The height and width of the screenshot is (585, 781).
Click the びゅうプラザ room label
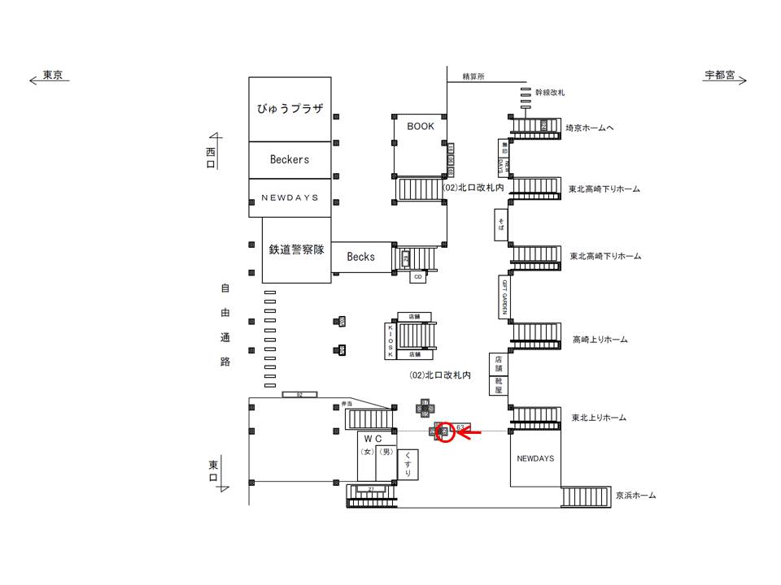pyautogui.click(x=290, y=109)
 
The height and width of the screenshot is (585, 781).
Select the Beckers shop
pyautogui.click(x=290, y=160)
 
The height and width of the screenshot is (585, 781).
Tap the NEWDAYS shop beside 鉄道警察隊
pyautogui.click(x=290, y=197)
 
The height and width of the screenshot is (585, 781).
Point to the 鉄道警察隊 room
pyautogui.click(x=297, y=249)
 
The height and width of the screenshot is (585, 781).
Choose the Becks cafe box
pyautogui.click(x=361, y=257)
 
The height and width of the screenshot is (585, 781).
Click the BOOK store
pyautogui.click(x=421, y=127)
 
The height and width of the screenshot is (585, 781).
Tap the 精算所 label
pyautogui.click(x=473, y=77)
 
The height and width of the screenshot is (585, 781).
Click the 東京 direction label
pyautogui.click(x=53, y=76)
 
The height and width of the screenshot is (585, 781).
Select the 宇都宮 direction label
pyautogui.click(x=720, y=76)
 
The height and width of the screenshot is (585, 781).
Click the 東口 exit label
pyautogui.click(x=213, y=470)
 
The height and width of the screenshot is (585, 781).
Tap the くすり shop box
pyautogui.click(x=408, y=465)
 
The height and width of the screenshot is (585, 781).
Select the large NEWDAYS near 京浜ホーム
pyautogui.click(x=535, y=458)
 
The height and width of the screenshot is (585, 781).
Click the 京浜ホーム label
pyautogui.click(x=635, y=495)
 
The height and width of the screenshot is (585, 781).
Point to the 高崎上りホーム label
pyautogui.click(x=600, y=340)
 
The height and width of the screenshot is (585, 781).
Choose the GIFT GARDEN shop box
pyautogui.click(x=504, y=297)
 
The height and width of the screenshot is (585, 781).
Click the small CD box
pyautogui.click(x=417, y=277)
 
